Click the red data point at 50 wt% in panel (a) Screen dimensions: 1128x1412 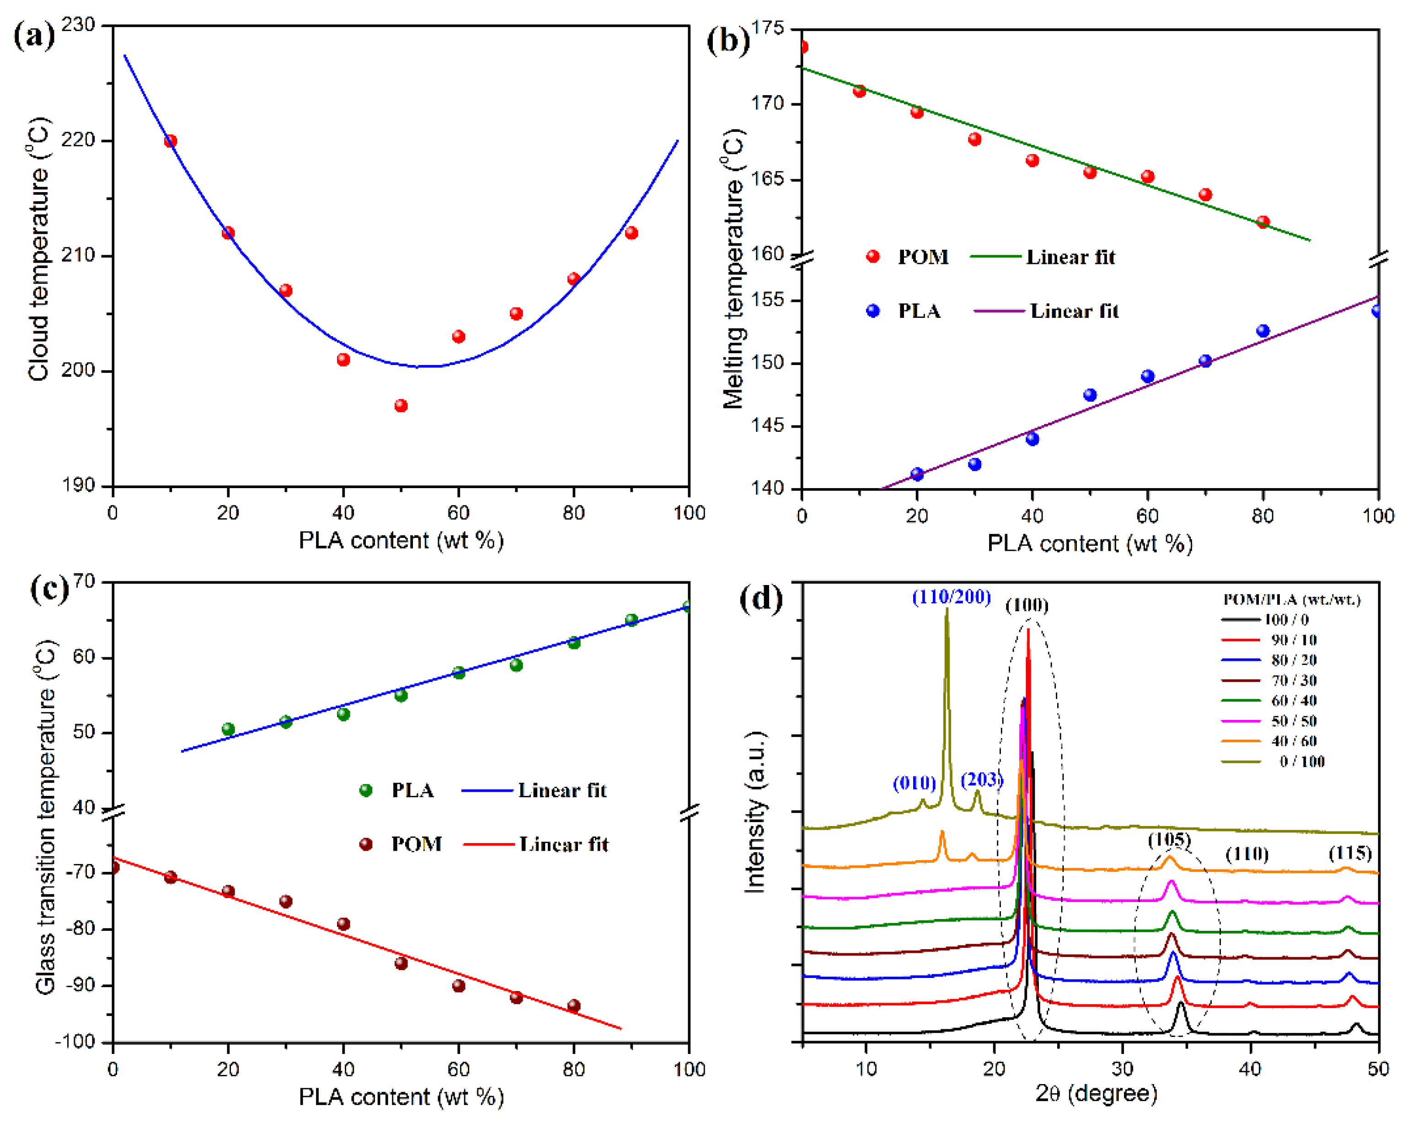(x=401, y=405)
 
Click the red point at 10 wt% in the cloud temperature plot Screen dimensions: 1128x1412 (x=170, y=141)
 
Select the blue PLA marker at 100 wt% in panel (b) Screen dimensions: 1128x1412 (x=1377, y=311)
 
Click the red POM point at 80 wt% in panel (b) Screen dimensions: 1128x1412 (x=1262, y=222)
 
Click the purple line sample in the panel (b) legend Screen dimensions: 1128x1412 (x=999, y=311)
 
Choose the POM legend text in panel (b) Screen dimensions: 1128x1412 (x=922, y=257)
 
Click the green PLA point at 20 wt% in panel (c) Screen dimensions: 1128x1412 (x=228, y=729)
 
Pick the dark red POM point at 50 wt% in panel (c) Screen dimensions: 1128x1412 (x=401, y=963)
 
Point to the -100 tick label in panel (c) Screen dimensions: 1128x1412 (x=76, y=1041)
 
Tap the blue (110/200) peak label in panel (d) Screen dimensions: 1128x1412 (x=951, y=597)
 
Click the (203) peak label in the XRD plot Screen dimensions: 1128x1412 (x=981, y=779)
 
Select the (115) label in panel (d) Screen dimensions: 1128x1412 (x=1350, y=853)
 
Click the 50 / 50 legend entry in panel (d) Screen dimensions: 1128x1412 (x=1294, y=720)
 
